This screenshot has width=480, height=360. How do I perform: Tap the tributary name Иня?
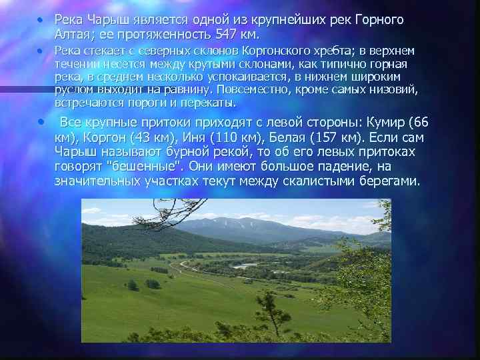(x=193, y=138)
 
